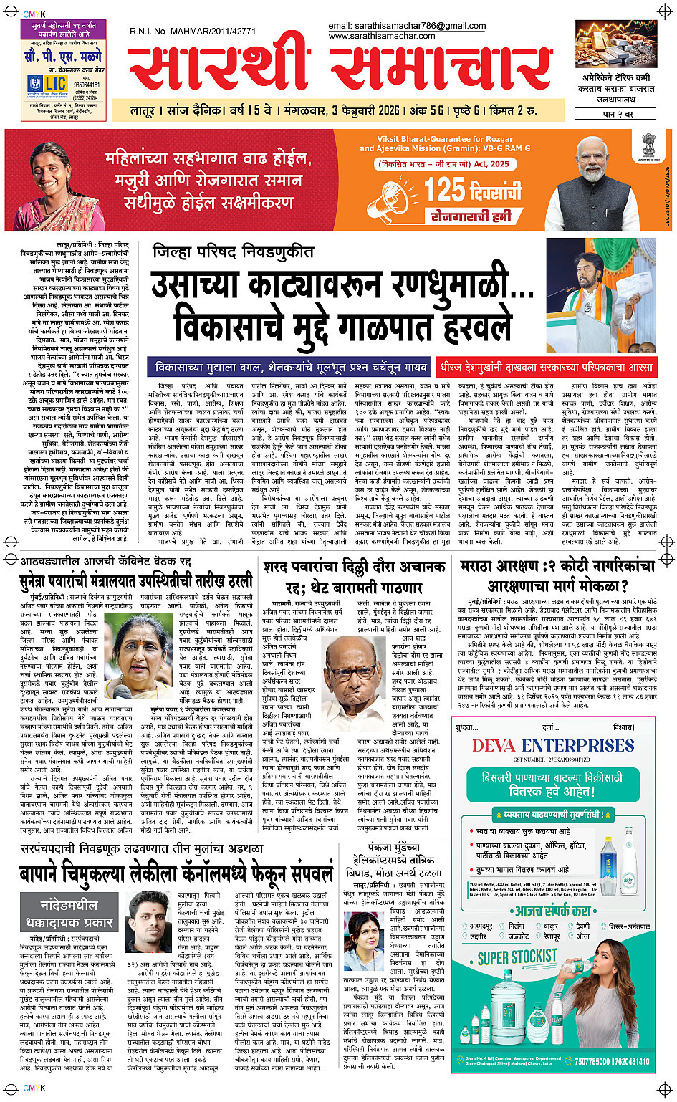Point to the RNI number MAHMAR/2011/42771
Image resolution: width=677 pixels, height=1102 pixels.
coord(193,32)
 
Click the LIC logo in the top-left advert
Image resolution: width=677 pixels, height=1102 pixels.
coord(49,84)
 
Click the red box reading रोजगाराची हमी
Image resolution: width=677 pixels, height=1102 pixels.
coord(471,216)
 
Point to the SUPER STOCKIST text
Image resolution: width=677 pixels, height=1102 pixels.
coord(517,957)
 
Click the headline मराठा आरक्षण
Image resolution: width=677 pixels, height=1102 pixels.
coord(557,577)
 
